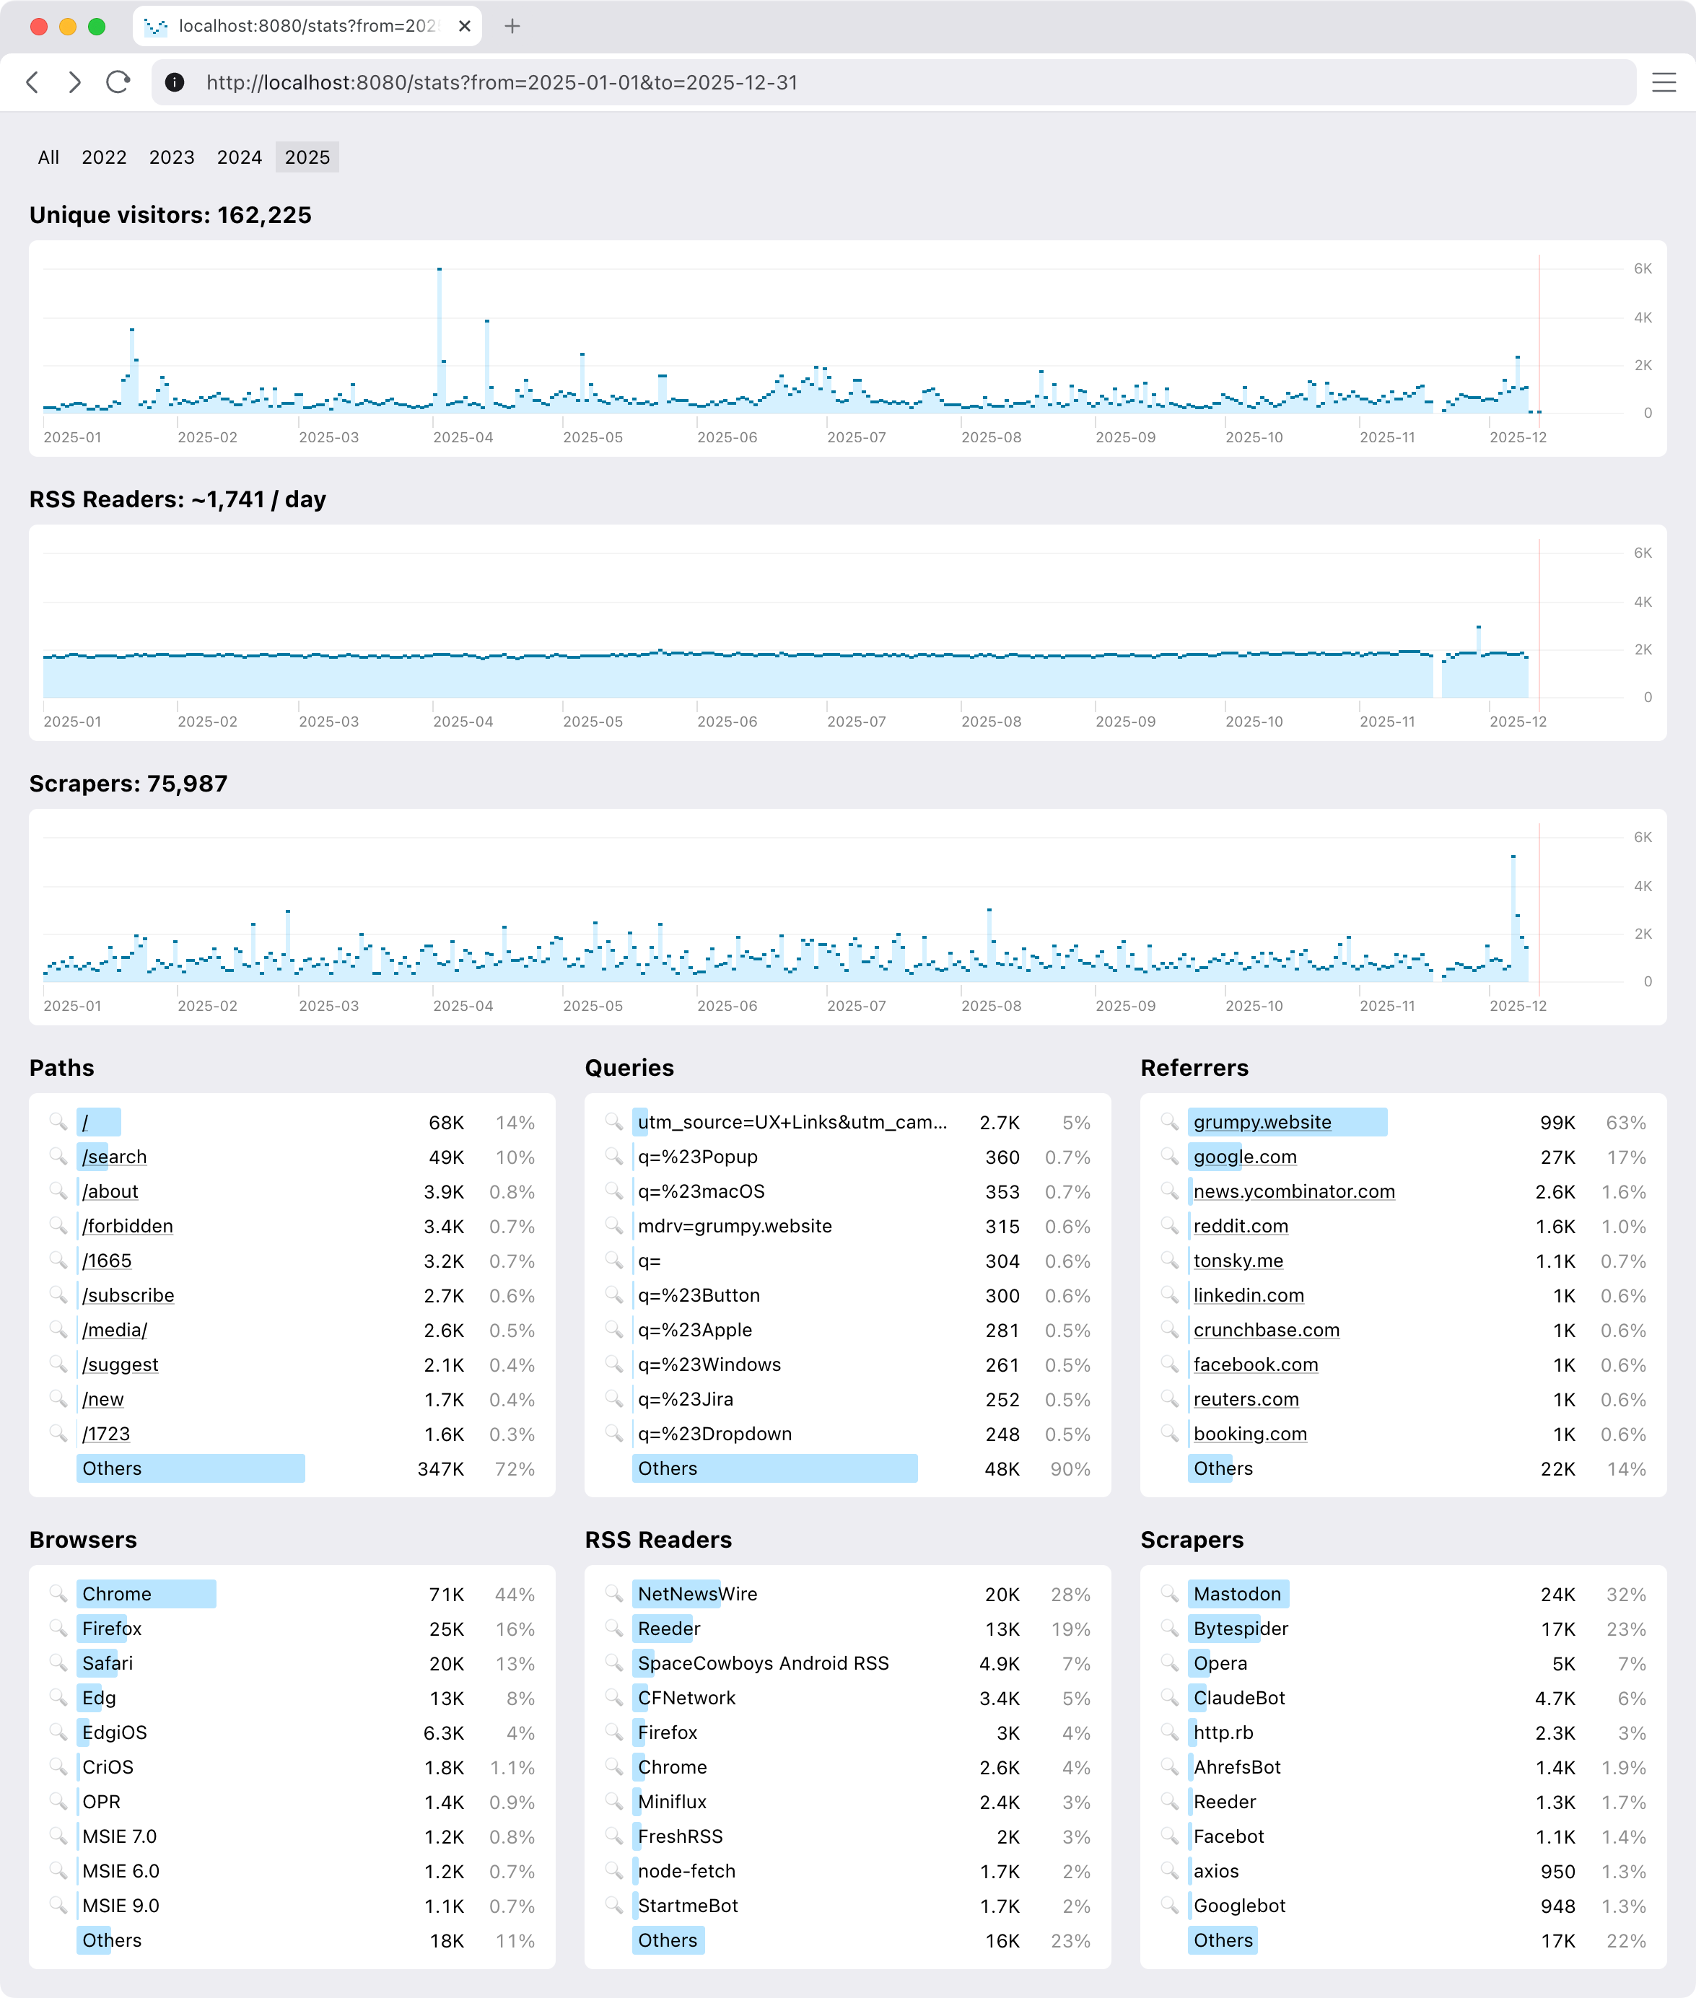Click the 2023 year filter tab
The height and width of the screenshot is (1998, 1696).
coord(171,157)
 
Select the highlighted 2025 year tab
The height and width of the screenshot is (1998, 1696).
coord(307,157)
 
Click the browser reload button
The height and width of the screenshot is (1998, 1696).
coord(118,83)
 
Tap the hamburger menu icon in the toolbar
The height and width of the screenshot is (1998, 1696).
coord(1664,83)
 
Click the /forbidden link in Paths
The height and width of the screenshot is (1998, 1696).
coord(128,1226)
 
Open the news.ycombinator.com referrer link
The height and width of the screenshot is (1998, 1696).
coord(1293,1192)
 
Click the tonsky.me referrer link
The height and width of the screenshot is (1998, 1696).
coord(1238,1261)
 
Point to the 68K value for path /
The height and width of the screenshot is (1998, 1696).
coord(446,1123)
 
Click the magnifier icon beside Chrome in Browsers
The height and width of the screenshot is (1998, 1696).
coord(58,1593)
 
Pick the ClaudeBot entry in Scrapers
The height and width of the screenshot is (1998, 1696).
coord(1238,1698)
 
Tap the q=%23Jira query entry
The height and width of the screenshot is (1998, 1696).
coord(685,1399)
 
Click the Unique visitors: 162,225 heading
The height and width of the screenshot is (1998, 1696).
coord(170,215)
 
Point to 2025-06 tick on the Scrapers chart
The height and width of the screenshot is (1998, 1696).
coord(727,1006)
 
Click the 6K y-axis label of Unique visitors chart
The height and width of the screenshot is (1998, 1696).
coord(1642,269)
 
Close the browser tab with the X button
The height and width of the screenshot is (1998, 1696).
coord(464,26)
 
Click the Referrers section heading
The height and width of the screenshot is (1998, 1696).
coord(1194,1068)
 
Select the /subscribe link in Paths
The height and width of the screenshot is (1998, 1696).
coord(128,1295)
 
